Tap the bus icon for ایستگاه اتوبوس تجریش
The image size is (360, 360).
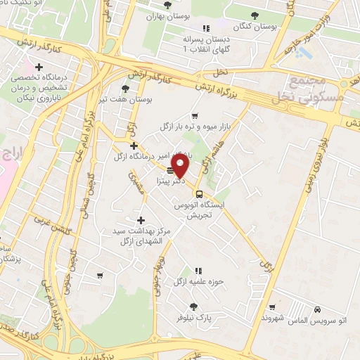coord(199,194)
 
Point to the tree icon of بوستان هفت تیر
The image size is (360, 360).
coord(125,89)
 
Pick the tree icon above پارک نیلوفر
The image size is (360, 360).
coord(194,307)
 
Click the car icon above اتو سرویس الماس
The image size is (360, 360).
coord(318,309)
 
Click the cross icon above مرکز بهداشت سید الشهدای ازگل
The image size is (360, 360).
coord(141,220)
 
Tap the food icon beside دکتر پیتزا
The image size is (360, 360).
coord(172,169)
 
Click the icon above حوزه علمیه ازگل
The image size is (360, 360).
coord(199,270)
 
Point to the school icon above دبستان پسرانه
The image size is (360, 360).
coord(205,28)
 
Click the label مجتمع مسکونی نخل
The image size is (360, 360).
coord(316,91)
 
